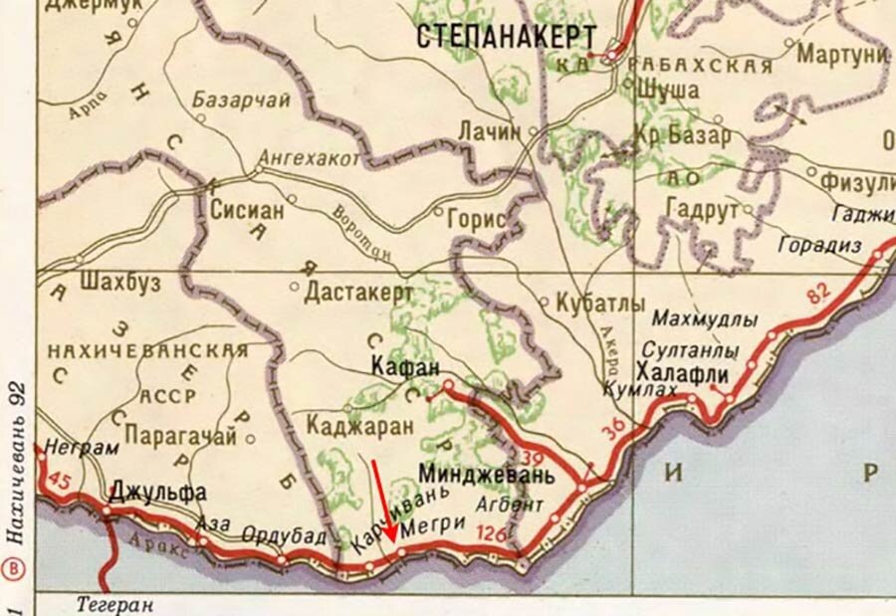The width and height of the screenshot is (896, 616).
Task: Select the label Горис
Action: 479,219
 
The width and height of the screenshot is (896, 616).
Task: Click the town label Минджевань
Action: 486,472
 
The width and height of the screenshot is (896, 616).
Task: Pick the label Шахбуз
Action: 117,283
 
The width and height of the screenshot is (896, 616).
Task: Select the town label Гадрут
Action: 702,211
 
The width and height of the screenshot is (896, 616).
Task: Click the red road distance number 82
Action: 818,293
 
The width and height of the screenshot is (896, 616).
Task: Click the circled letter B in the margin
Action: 14,569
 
